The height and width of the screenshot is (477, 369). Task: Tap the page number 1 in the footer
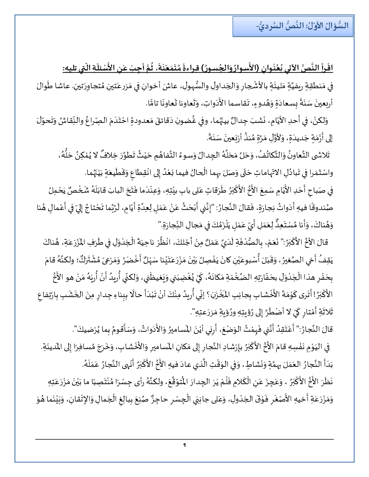point(184,444)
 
